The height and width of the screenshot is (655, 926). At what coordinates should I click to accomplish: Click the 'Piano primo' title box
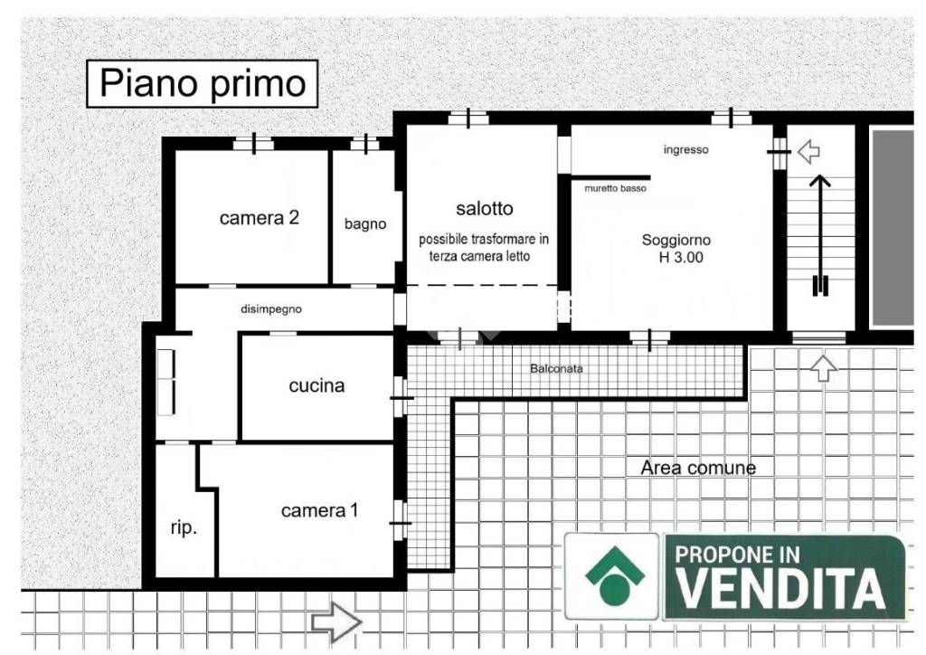pos(203,83)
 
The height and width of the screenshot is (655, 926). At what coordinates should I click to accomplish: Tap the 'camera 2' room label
pos(260,218)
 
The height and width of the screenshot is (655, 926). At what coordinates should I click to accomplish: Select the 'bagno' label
pos(365,224)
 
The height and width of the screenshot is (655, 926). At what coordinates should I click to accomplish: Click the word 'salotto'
pos(484,209)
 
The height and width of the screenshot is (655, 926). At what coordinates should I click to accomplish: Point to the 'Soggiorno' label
pos(676,241)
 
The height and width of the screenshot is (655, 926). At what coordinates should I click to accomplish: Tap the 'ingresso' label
pos(685,150)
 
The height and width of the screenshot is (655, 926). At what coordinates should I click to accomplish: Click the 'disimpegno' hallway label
pos(271,309)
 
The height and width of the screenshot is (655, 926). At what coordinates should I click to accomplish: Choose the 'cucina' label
pos(317,386)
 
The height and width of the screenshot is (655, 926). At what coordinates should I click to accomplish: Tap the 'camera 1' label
pos(319,511)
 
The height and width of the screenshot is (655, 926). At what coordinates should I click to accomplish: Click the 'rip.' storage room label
pos(184,529)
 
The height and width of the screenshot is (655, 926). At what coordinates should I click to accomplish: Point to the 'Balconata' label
pos(556,369)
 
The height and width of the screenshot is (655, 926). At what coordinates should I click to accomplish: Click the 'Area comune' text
pos(697,468)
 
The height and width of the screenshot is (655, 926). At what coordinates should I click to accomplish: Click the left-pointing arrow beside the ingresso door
pos(808,151)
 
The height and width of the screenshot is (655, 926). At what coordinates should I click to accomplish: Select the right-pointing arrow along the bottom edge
pos(336,622)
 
